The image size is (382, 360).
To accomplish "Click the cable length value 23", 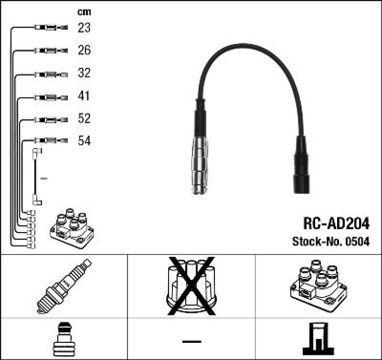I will click(x=84, y=28).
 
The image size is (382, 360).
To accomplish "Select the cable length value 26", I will click(x=84, y=50).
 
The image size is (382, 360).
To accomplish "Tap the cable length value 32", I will click(x=84, y=73).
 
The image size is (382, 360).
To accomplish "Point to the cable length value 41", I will click(x=84, y=96).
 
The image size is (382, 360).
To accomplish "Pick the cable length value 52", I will click(x=84, y=118).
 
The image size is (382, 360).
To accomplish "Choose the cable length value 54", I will click(x=84, y=141).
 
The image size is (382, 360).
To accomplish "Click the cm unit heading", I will click(x=84, y=12).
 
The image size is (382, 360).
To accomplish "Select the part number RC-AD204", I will click(x=336, y=223).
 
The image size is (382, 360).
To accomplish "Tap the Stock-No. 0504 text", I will click(x=330, y=242).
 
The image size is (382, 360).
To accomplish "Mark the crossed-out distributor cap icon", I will click(x=191, y=286).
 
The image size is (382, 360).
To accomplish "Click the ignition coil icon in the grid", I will click(x=318, y=286).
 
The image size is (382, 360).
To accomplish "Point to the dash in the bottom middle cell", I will click(x=191, y=341).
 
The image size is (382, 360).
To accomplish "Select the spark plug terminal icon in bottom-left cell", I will click(x=64, y=339).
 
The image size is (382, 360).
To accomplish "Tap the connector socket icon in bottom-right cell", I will click(x=318, y=339).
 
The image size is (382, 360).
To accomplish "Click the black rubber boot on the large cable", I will click(x=301, y=165).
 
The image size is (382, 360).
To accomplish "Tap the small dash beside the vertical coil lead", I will click(x=44, y=178).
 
